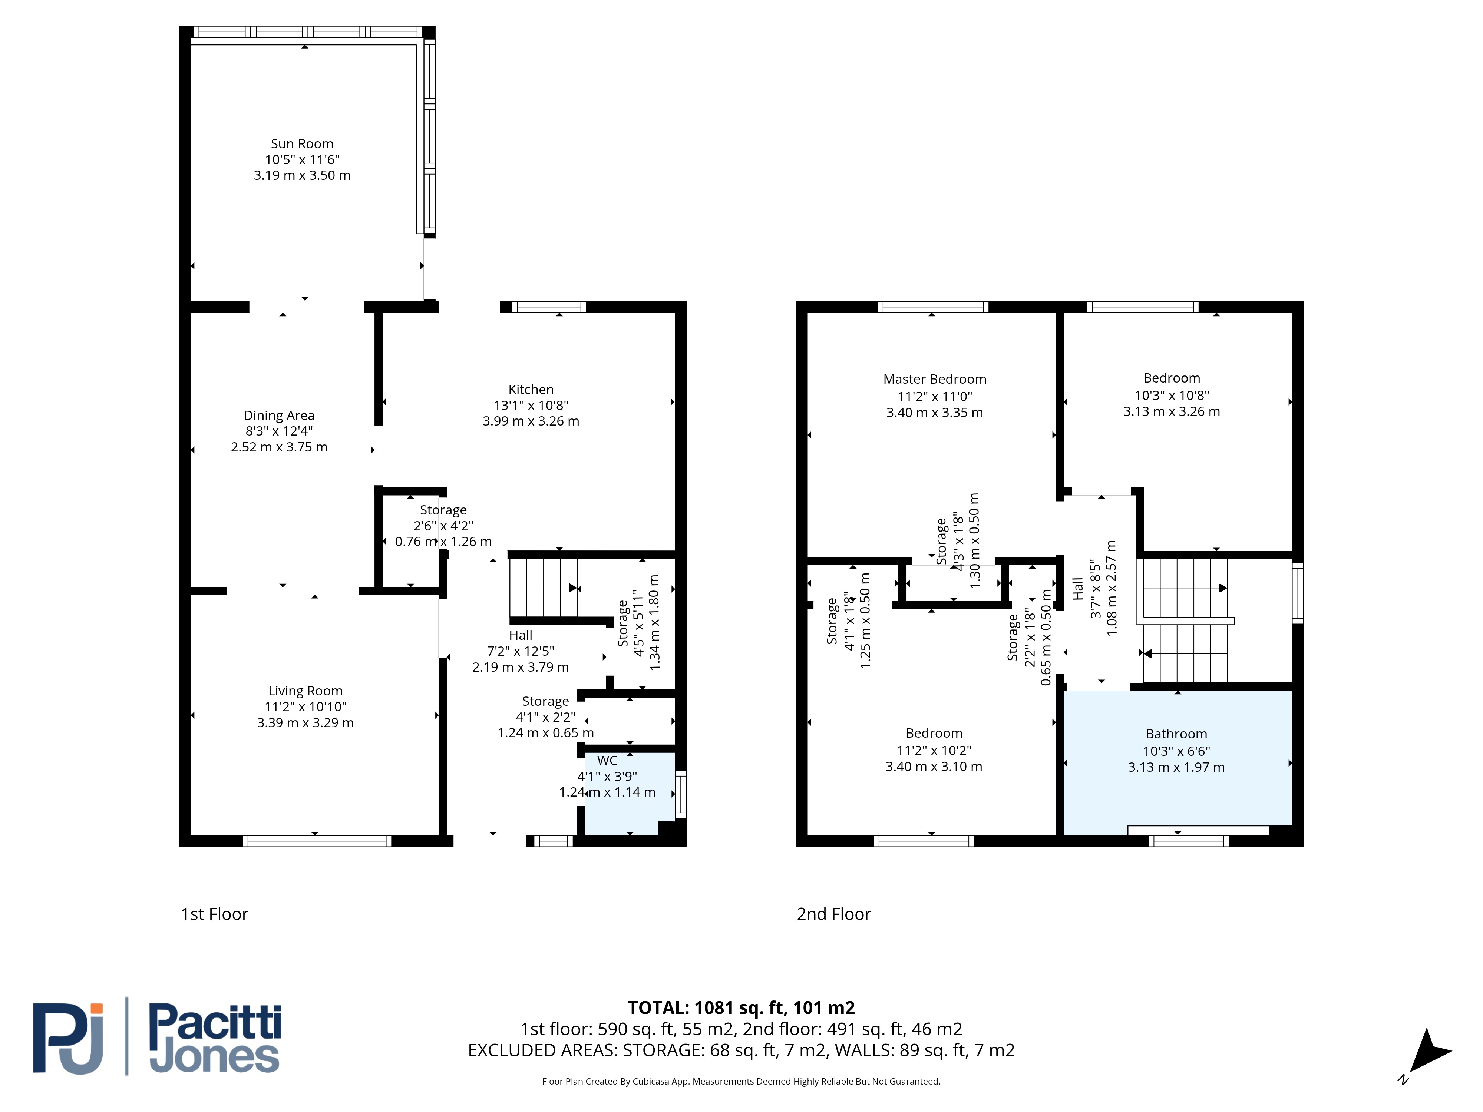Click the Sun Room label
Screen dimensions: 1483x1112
pyautogui.click(x=302, y=143)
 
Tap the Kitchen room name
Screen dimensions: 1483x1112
pyautogui.click(x=531, y=390)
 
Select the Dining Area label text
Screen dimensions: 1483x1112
pyautogui.click(x=279, y=416)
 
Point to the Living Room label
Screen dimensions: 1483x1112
pyautogui.click(x=305, y=691)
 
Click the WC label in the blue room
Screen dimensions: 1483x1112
pyautogui.click(x=607, y=761)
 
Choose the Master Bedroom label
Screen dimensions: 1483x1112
pyautogui.click(x=935, y=380)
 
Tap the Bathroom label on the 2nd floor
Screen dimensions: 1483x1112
pyautogui.click(x=1176, y=734)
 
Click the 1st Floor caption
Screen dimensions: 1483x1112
pyautogui.click(x=215, y=914)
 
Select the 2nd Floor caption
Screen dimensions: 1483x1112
pyautogui.click(x=833, y=914)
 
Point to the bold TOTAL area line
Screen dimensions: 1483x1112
pyautogui.click(x=741, y=1007)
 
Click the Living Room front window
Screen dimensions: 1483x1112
pyautogui.click(x=317, y=841)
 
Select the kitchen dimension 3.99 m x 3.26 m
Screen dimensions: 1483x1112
pyautogui.click(x=531, y=421)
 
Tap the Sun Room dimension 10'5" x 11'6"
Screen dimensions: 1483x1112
pyautogui.click(x=302, y=159)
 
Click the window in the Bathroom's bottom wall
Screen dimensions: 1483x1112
pyautogui.click(x=1189, y=841)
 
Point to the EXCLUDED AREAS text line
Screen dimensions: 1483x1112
pyautogui.click(x=741, y=1050)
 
